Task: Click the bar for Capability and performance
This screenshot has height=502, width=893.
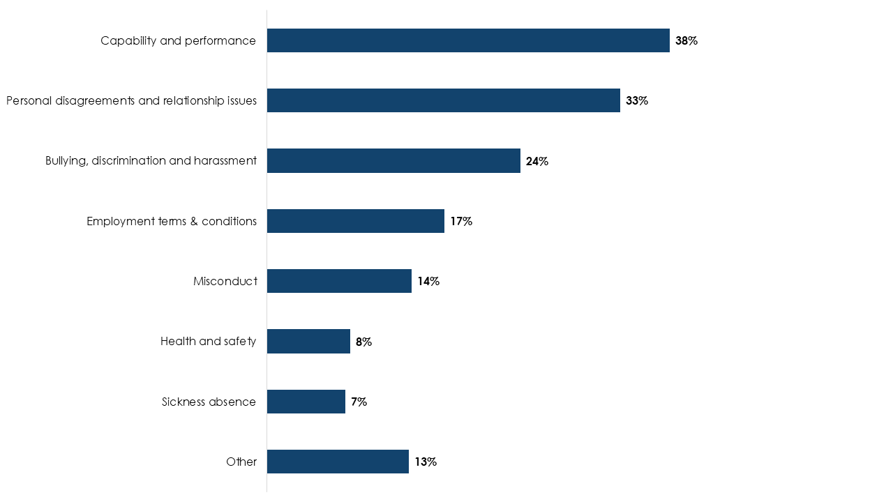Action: [467, 40]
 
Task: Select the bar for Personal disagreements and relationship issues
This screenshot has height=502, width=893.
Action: [443, 100]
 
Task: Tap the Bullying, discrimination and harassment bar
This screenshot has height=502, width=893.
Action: [393, 161]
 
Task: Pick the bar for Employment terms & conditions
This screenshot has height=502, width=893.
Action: [355, 221]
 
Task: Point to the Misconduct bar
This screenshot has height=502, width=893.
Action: [339, 281]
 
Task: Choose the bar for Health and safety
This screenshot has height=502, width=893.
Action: [308, 342]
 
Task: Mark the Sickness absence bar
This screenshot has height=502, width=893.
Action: [306, 402]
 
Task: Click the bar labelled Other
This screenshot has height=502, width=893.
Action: [338, 462]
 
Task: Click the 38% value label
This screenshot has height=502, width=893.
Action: [686, 40]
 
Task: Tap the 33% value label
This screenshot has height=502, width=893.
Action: [636, 100]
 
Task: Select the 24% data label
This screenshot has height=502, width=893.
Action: [536, 161]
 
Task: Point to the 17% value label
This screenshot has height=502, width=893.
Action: [460, 221]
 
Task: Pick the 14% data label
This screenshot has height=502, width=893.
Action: [428, 281]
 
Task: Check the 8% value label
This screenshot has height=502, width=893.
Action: [363, 342]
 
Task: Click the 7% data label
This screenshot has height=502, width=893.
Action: [359, 402]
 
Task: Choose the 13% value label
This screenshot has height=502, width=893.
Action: [425, 462]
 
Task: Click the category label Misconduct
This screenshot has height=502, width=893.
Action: [225, 281]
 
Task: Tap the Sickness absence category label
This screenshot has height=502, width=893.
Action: [209, 402]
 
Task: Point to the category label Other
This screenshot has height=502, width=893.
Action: [241, 462]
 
